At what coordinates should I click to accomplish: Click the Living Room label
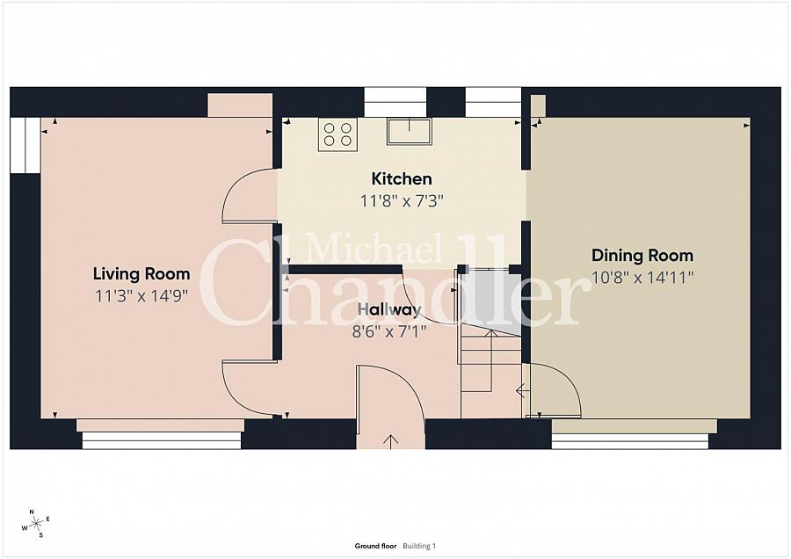coord(142,274)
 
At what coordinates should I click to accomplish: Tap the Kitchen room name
coord(402,178)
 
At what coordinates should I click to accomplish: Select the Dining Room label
coord(642,255)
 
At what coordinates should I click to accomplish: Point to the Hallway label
coord(389,309)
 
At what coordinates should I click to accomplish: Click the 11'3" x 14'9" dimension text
coord(142,295)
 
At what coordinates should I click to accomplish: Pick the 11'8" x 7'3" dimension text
coord(402,201)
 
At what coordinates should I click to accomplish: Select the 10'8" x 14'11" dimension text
coord(642,278)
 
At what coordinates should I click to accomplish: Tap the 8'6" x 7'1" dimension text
coord(389,331)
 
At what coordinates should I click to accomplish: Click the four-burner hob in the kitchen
coord(337,134)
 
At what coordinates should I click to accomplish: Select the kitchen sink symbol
coord(410,131)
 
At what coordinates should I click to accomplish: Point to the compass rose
coord(35,524)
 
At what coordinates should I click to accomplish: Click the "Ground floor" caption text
coord(375,546)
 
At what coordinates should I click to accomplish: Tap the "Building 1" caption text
coord(419,546)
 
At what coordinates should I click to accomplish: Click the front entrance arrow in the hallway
coord(390,440)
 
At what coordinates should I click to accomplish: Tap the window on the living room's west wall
coord(25,145)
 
